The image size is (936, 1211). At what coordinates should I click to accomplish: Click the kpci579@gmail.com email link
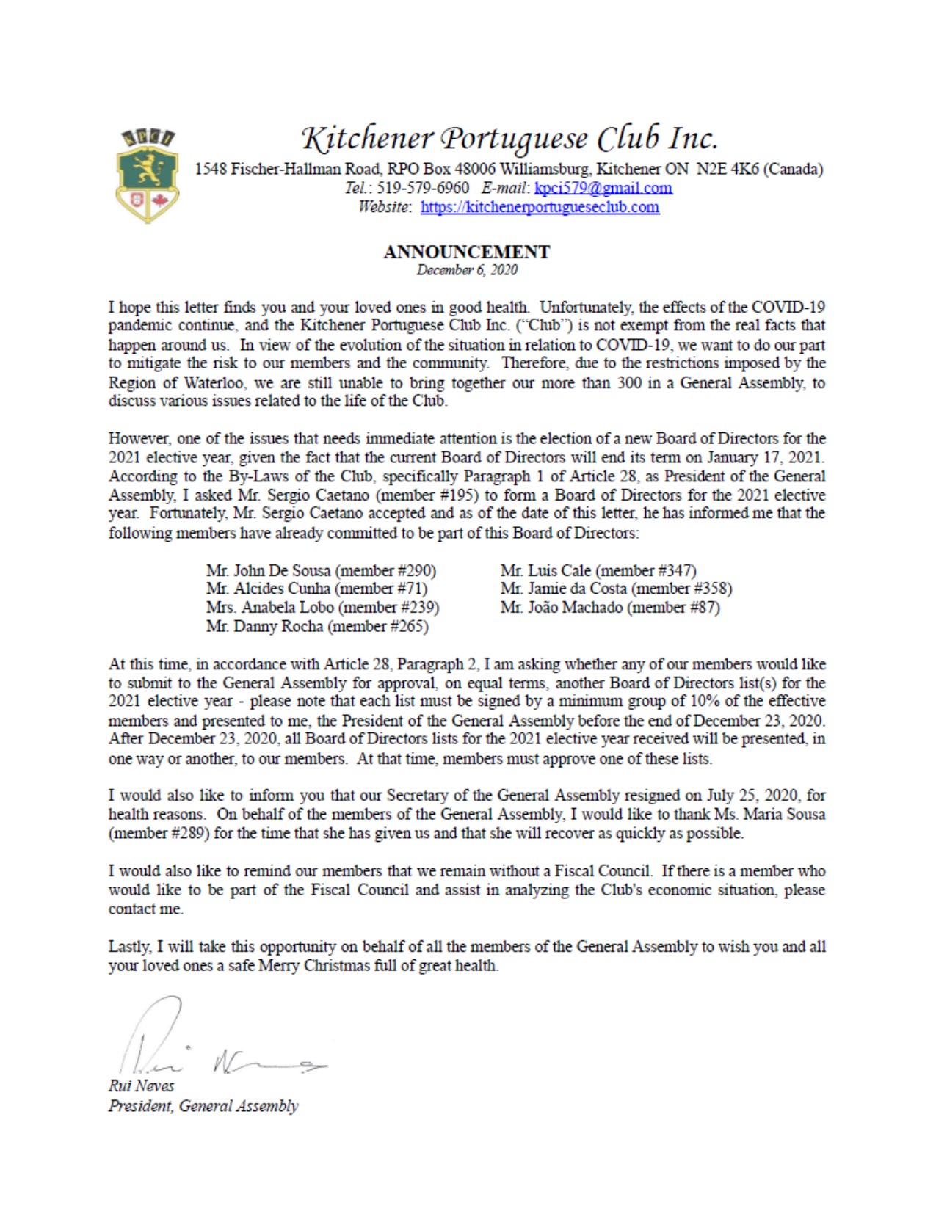click(x=603, y=188)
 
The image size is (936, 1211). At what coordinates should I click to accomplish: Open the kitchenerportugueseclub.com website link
click(x=540, y=207)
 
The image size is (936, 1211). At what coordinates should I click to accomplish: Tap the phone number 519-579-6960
click(x=423, y=188)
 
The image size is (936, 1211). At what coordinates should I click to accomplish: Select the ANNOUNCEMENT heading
click(x=466, y=252)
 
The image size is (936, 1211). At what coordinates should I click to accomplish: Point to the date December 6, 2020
click(x=466, y=270)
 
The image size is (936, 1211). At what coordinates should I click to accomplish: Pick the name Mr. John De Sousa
click(x=269, y=570)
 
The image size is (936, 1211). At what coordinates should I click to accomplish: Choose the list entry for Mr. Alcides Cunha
click(x=269, y=589)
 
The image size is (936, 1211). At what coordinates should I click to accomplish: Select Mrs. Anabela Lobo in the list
click(x=269, y=608)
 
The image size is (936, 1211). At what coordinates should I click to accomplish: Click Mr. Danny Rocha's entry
click(x=264, y=626)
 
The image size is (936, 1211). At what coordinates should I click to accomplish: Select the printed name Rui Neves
click(x=141, y=1085)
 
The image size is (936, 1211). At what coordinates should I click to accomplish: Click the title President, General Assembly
click(x=203, y=1106)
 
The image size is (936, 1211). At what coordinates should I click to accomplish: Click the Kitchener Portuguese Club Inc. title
click(x=509, y=137)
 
